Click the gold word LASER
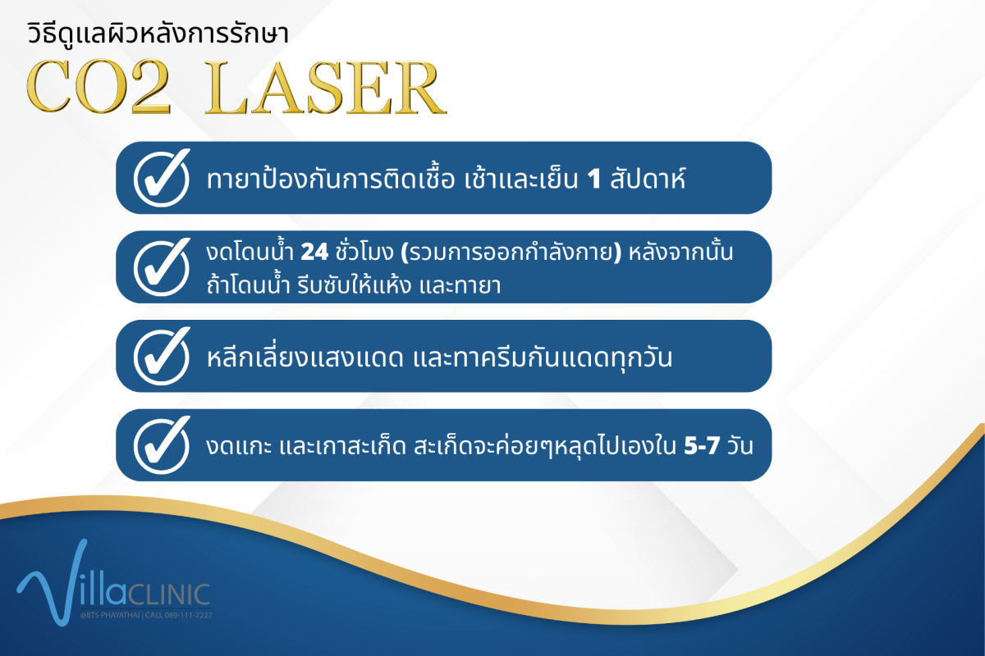coord(326,88)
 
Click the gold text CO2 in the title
coord(98,87)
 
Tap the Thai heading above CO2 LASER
coord(158,34)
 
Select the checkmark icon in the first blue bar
coord(163,177)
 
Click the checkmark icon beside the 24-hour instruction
coord(163,266)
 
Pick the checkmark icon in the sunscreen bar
coord(163,356)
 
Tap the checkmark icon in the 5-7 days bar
coord(163,445)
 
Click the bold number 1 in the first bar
coord(594,180)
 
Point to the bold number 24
coord(314,253)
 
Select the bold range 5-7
coord(702,446)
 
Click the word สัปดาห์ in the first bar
coord(648,178)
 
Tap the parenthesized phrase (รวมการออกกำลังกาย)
coord(511,253)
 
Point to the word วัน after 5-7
coord(740,445)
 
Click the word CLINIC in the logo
coord(169,595)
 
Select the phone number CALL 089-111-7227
coord(179,615)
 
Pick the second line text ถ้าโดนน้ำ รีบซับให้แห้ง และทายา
coord(354,285)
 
